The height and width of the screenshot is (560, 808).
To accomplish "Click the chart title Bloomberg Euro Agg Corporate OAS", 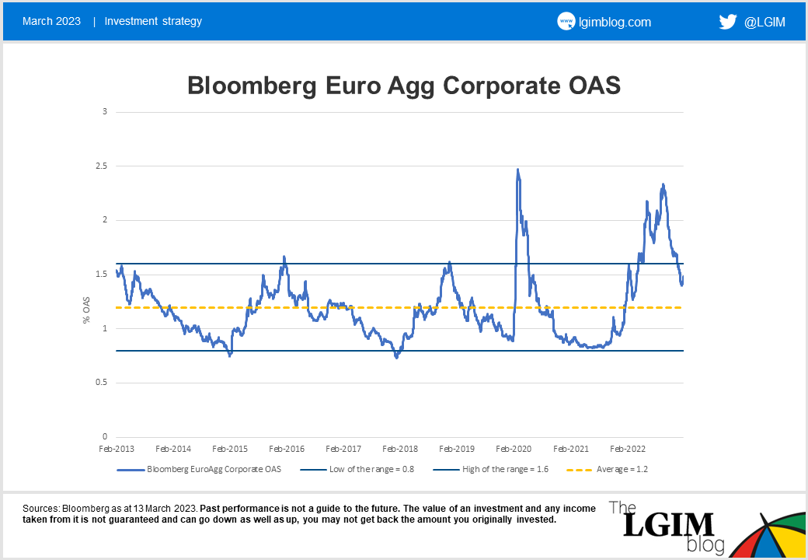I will pyautogui.click(x=404, y=86).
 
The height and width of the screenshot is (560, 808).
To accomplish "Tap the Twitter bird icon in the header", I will pyautogui.click(x=728, y=22).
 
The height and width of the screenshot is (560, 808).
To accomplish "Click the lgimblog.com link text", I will pyautogui.click(x=615, y=22).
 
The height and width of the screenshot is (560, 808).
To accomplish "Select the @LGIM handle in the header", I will pyautogui.click(x=764, y=22).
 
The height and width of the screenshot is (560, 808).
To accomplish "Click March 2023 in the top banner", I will pyautogui.click(x=51, y=21).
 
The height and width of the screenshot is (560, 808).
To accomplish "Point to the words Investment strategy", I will pyautogui.click(x=153, y=21).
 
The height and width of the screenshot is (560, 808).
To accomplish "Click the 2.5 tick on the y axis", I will pyautogui.click(x=100, y=166).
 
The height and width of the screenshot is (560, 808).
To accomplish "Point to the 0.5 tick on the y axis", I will pyautogui.click(x=100, y=383).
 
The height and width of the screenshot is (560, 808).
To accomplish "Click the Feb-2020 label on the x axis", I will pyautogui.click(x=514, y=450).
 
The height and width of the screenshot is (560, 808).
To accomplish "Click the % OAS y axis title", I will pyautogui.click(x=87, y=309).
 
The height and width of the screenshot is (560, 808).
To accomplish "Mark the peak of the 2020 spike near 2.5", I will pyautogui.click(x=517, y=170).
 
